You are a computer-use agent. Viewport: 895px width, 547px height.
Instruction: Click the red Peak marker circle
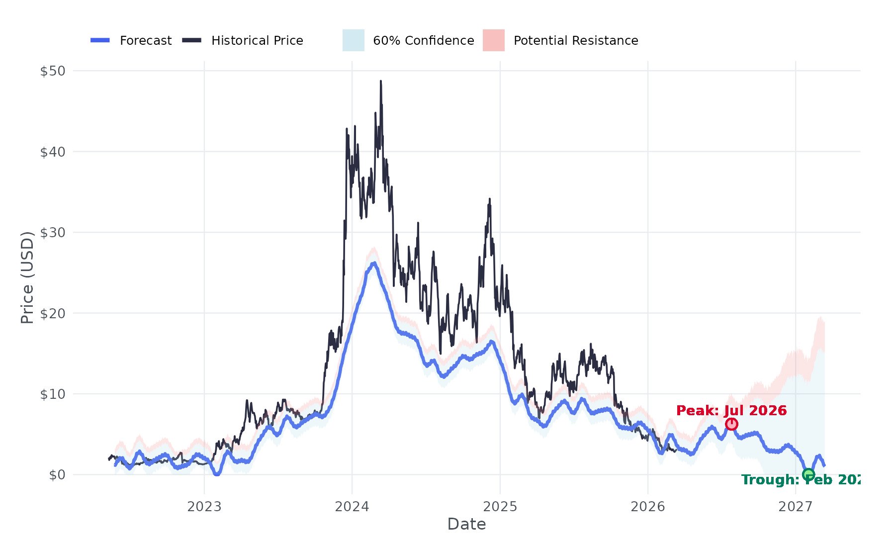click(731, 424)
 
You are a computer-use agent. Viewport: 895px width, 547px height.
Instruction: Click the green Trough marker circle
click(808, 474)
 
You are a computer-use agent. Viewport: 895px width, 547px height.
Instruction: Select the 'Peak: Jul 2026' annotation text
click(731, 411)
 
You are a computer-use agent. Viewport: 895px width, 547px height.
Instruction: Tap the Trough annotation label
click(801, 480)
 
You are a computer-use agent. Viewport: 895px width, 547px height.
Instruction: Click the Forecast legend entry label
click(146, 41)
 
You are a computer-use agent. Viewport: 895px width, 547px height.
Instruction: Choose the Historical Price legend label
click(257, 41)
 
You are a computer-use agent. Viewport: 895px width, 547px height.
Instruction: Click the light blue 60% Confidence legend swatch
click(354, 40)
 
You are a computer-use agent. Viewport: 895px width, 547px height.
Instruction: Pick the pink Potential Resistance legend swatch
click(494, 40)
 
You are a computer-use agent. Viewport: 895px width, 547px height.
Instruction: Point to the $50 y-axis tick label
click(53, 71)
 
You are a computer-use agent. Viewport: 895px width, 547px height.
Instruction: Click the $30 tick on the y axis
click(53, 233)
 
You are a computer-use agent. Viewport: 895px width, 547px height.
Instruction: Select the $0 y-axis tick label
click(57, 475)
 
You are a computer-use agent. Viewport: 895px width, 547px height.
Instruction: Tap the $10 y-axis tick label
click(53, 394)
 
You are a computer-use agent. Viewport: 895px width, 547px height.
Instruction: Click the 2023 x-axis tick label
click(204, 507)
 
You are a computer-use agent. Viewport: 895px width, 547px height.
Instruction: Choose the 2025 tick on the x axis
click(500, 507)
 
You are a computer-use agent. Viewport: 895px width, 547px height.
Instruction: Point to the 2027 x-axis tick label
click(796, 507)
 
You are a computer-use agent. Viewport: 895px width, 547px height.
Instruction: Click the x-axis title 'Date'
click(466, 524)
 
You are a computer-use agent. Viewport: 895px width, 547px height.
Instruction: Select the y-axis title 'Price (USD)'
click(27, 277)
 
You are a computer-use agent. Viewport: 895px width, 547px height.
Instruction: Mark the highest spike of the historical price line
click(381, 81)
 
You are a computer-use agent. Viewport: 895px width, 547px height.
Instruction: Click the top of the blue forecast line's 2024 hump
click(373, 263)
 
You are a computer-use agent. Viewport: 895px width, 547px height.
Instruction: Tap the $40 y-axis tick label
click(53, 152)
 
